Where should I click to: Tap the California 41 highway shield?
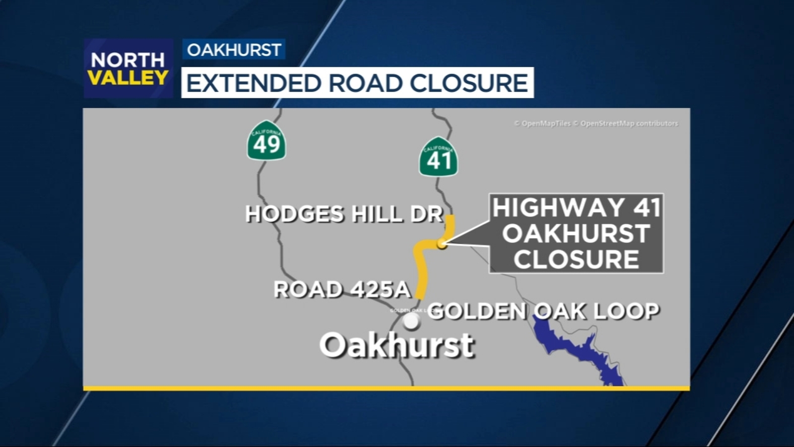pos(438,157)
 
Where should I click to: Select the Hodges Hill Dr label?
pos(344,214)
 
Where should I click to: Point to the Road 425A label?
pos(342,290)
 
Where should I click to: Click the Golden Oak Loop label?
pos(543,311)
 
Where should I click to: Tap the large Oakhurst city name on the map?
pos(397,345)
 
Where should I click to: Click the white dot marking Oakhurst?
pos(411,321)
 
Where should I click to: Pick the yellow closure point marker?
pos(442,244)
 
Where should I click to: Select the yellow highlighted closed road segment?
pos(421,268)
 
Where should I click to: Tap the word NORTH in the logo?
pos(128,60)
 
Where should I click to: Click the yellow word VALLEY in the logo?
pos(128,78)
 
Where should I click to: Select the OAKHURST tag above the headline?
pos(234,50)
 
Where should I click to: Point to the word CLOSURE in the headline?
pos(468,83)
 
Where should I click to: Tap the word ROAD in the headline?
pos(365,83)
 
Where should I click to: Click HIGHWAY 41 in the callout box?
pos(577,208)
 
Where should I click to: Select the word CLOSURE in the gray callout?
pos(576,259)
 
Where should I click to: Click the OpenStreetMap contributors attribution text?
pos(629,123)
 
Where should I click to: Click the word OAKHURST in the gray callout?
pos(576,233)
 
